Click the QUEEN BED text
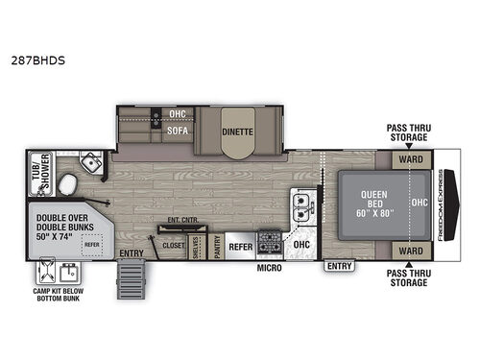coord(372,201)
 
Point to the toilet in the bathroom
coord(67,184)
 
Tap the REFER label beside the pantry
coord(240,246)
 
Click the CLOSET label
coord(173,246)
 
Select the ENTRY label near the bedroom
coord(338,264)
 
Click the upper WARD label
coord(410,158)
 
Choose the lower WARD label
coord(410,251)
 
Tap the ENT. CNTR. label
coord(180,221)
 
